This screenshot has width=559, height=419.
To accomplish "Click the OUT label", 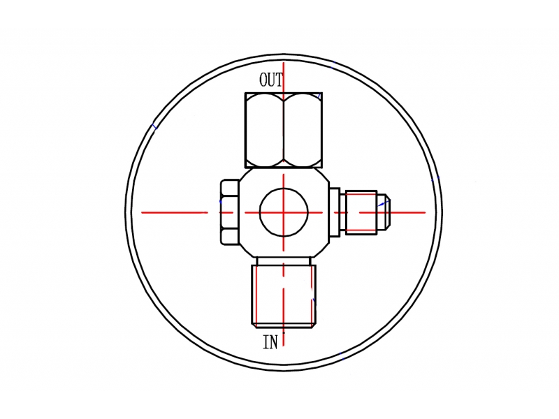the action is click(271, 80).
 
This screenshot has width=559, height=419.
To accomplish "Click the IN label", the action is click(270, 342).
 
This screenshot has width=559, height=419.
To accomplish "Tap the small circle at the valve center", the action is click(284, 212).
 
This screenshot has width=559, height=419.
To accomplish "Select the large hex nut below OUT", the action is click(284, 130).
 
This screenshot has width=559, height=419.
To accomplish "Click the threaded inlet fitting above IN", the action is click(284, 296).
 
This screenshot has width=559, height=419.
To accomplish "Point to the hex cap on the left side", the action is click(230, 212).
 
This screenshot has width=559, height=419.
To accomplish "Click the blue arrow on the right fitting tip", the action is click(383, 203).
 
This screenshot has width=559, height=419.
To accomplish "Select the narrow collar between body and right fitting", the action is click(335, 212).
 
